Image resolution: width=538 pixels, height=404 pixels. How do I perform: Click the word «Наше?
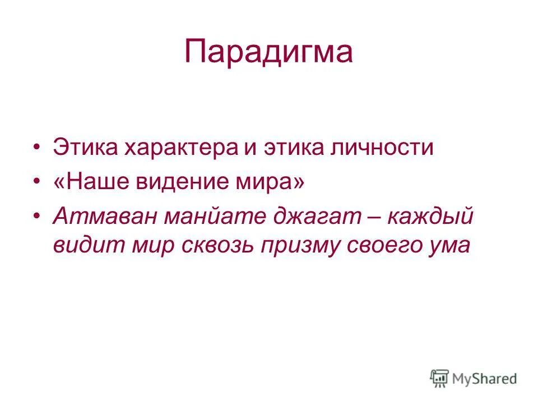tap(85, 182)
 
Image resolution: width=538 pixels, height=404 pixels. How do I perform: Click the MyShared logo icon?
tap(440, 379)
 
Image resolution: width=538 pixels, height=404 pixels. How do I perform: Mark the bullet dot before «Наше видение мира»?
tap(36, 182)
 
